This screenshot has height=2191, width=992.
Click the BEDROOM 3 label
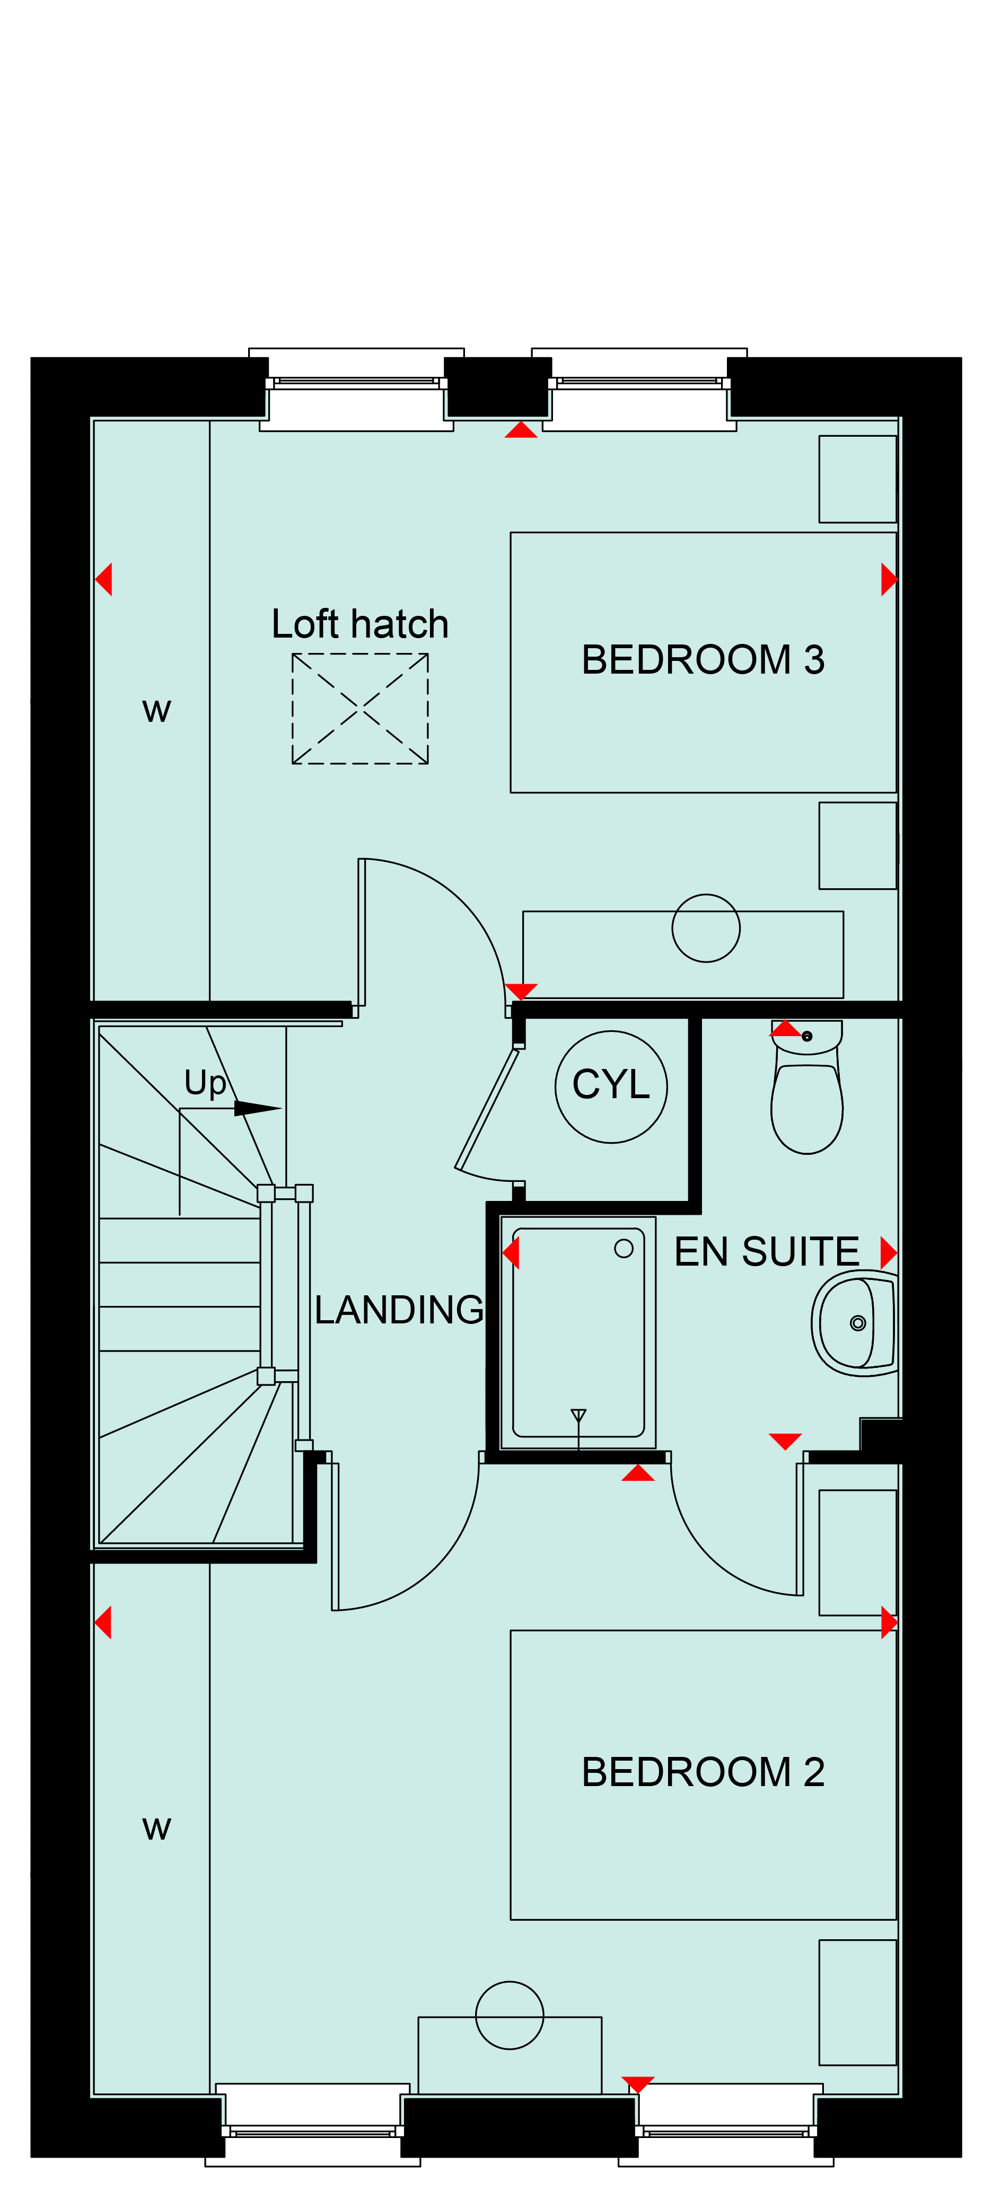703,660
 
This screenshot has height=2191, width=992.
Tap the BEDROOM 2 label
703,1772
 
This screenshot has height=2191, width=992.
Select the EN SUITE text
767,1252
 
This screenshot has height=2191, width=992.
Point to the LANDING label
399,1310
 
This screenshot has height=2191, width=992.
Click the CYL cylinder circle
611,1031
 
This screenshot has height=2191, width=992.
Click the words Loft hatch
360,624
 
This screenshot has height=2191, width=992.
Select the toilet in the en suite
806,1087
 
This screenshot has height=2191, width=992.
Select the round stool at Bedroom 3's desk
706,895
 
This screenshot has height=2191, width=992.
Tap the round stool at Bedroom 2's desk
510,1983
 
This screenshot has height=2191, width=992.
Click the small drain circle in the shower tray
624,1249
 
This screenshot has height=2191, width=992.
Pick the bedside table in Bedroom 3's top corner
857,479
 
